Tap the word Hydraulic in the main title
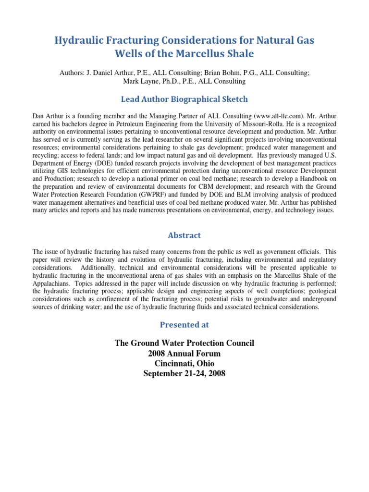tap(81, 40)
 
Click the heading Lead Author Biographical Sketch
tap(184, 99)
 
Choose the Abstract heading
tap(184, 235)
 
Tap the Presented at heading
tap(184, 324)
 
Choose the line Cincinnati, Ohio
tap(184, 364)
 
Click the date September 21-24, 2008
tap(184, 373)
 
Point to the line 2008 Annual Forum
tap(184, 354)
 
